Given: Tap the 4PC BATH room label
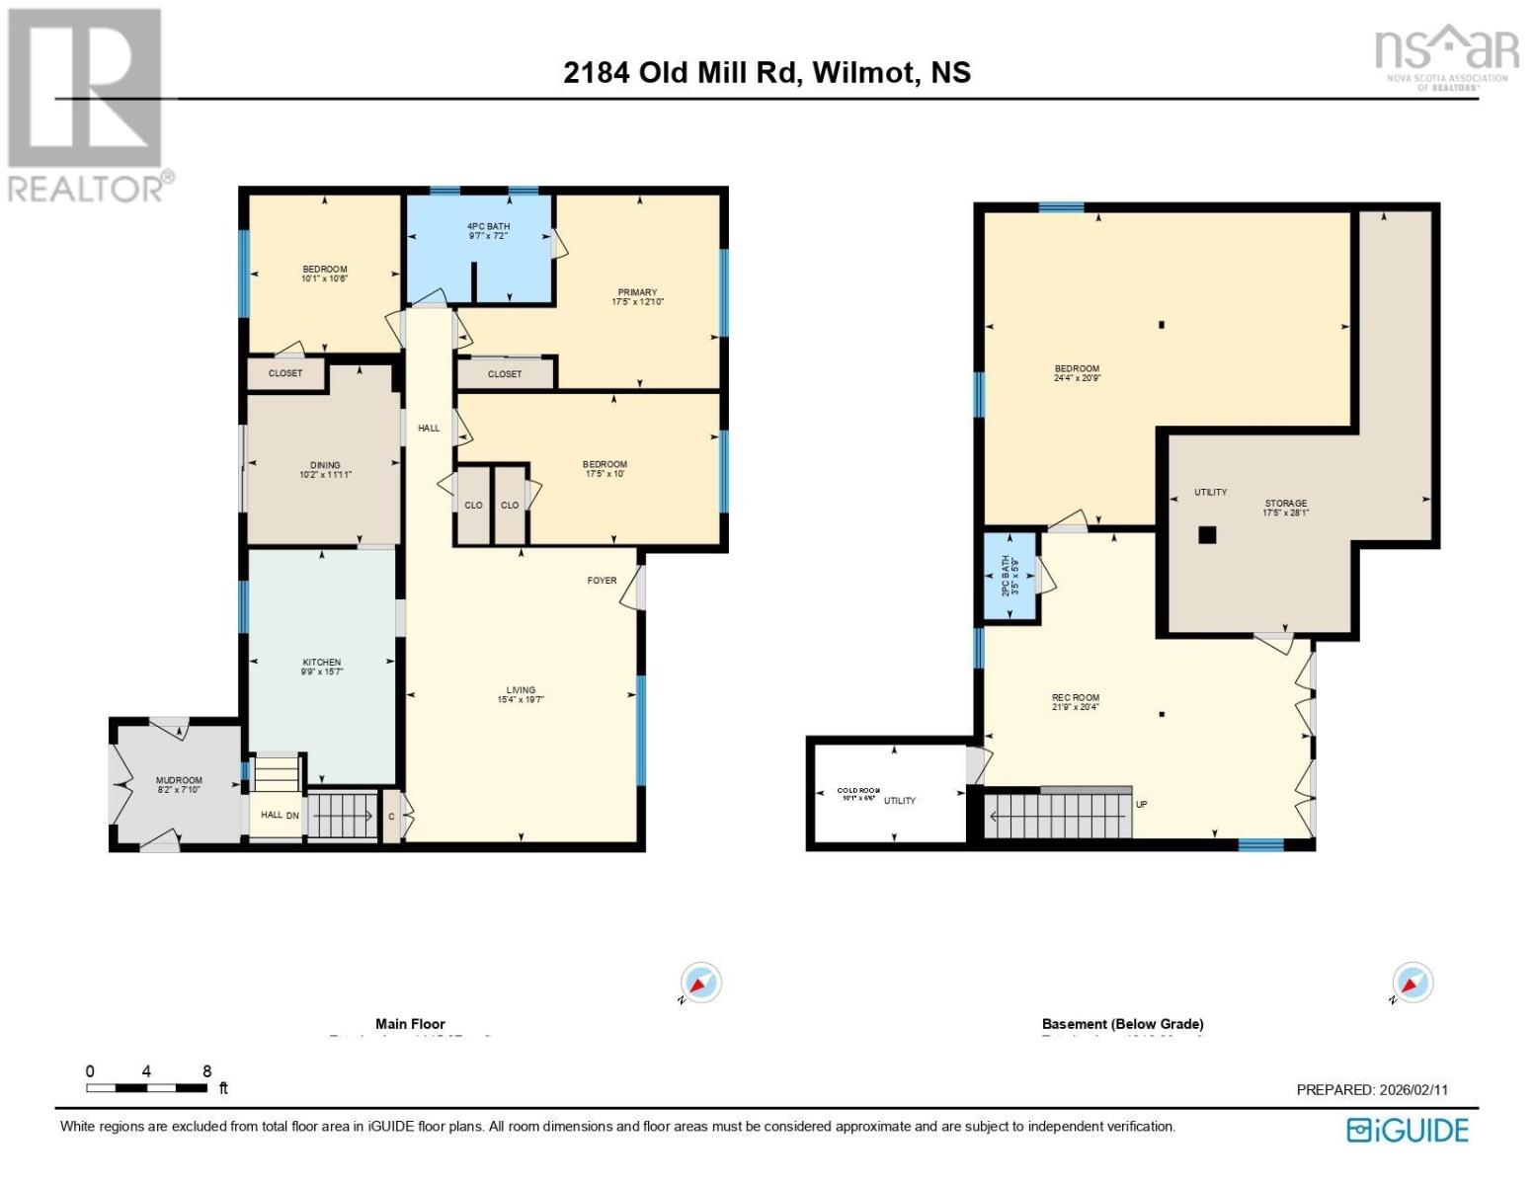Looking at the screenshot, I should [488, 227].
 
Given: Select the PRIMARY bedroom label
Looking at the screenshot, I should [637, 292].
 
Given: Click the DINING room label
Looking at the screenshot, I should [325, 465].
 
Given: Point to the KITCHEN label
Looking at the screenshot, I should [322, 663].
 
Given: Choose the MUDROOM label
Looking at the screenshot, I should [179, 780].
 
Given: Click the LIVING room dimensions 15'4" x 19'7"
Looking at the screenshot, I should [521, 700].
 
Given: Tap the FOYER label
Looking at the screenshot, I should [602, 581].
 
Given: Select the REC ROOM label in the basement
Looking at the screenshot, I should [1076, 698].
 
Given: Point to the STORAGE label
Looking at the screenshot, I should [1285, 504].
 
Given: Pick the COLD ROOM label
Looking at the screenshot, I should [857, 791].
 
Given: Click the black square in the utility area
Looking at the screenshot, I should [1206, 535].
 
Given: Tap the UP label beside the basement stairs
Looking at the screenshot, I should [1142, 805].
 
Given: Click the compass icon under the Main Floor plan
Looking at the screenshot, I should [701, 984].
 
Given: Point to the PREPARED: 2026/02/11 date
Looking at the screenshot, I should [1371, 1090].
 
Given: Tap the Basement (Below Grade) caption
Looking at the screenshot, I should [1122, 1024].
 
